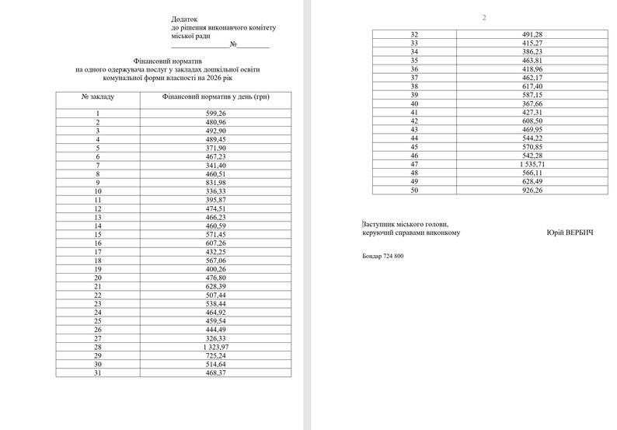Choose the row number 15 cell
click(97, 233)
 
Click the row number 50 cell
click(414, 190)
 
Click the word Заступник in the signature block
click(380, 224)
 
